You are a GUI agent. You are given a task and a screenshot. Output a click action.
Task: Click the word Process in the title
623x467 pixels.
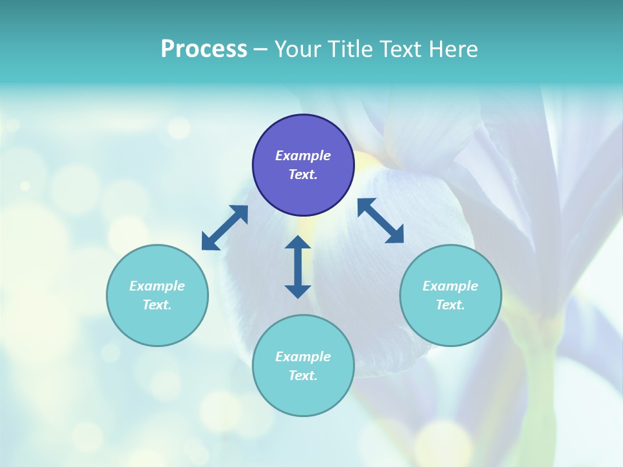[x=204, y=49]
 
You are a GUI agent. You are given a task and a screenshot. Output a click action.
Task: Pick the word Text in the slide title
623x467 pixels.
[x=401, y=49]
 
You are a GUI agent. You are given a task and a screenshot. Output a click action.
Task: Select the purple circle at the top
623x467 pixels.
[x=303, y=165]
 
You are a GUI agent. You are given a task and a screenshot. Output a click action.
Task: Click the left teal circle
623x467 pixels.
[x=157, y=295]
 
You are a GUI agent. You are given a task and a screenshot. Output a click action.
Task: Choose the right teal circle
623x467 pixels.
[x=450, y=295]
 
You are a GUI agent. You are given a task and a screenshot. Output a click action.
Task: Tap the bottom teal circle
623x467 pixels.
[x=303, y=365]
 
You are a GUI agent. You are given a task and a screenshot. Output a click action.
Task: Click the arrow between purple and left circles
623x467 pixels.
[x=225, y=228]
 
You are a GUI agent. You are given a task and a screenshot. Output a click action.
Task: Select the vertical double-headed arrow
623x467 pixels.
[x=298, y=267]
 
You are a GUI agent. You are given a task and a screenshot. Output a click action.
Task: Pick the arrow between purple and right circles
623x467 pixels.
[x=381, y=221]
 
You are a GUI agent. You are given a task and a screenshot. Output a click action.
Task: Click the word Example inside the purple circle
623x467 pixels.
[x=303, y=156]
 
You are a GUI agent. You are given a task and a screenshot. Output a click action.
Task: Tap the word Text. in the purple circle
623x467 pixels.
[x=303, y=174]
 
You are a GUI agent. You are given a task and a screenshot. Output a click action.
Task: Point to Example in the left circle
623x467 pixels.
[x=157, y=286]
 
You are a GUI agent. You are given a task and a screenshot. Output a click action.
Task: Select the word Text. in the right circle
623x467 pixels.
[x=450, y=305]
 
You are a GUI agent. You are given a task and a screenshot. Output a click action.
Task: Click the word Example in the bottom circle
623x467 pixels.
[x=303, y=357]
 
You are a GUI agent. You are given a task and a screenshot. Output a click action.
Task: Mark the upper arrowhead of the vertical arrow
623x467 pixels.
[x=298, y=243]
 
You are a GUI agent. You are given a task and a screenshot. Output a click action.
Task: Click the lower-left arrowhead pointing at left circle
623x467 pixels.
[x=209, y=243]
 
